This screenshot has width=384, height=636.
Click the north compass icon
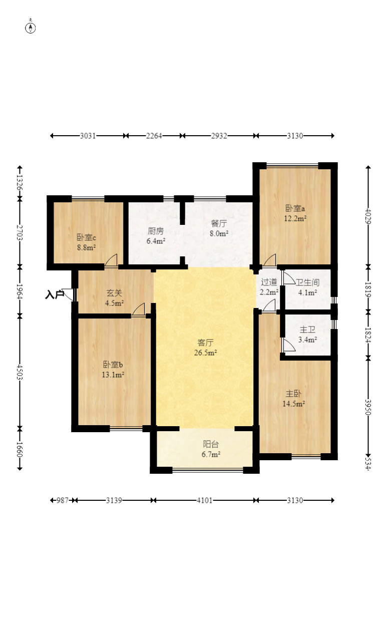[x=31, y=27]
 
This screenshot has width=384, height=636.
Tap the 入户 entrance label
[x=54, y=295]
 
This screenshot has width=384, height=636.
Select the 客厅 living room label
[x=205, y=343]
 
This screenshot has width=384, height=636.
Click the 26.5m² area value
[x=205, y=353]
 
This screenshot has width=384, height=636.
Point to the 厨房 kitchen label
[x=156, y=231]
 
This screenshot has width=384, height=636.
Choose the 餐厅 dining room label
[x=219, y=223]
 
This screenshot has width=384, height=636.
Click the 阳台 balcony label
[x=211, y=444]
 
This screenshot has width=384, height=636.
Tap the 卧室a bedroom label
[x=295, y=208]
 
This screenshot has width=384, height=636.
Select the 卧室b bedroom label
[x=113, y=364]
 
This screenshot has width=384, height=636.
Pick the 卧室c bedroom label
[x=86, y=237]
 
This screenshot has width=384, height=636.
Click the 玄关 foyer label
[x=114, y=293]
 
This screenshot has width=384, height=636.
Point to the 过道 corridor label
[x=269, y=282]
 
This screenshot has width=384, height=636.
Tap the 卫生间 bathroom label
[x=308, y=282]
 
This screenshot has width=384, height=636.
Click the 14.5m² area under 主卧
[x=294, y=404]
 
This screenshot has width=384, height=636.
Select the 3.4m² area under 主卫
[x=308, y=340]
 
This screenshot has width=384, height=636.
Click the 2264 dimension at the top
[x=154, y=136]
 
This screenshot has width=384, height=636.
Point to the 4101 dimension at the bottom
[x=205, y=500]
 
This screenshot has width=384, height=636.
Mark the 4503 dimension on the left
[x=20, y=372]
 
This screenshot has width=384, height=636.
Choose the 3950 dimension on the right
[x=368, y=407]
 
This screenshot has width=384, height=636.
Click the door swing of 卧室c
[x=112, y=260]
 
